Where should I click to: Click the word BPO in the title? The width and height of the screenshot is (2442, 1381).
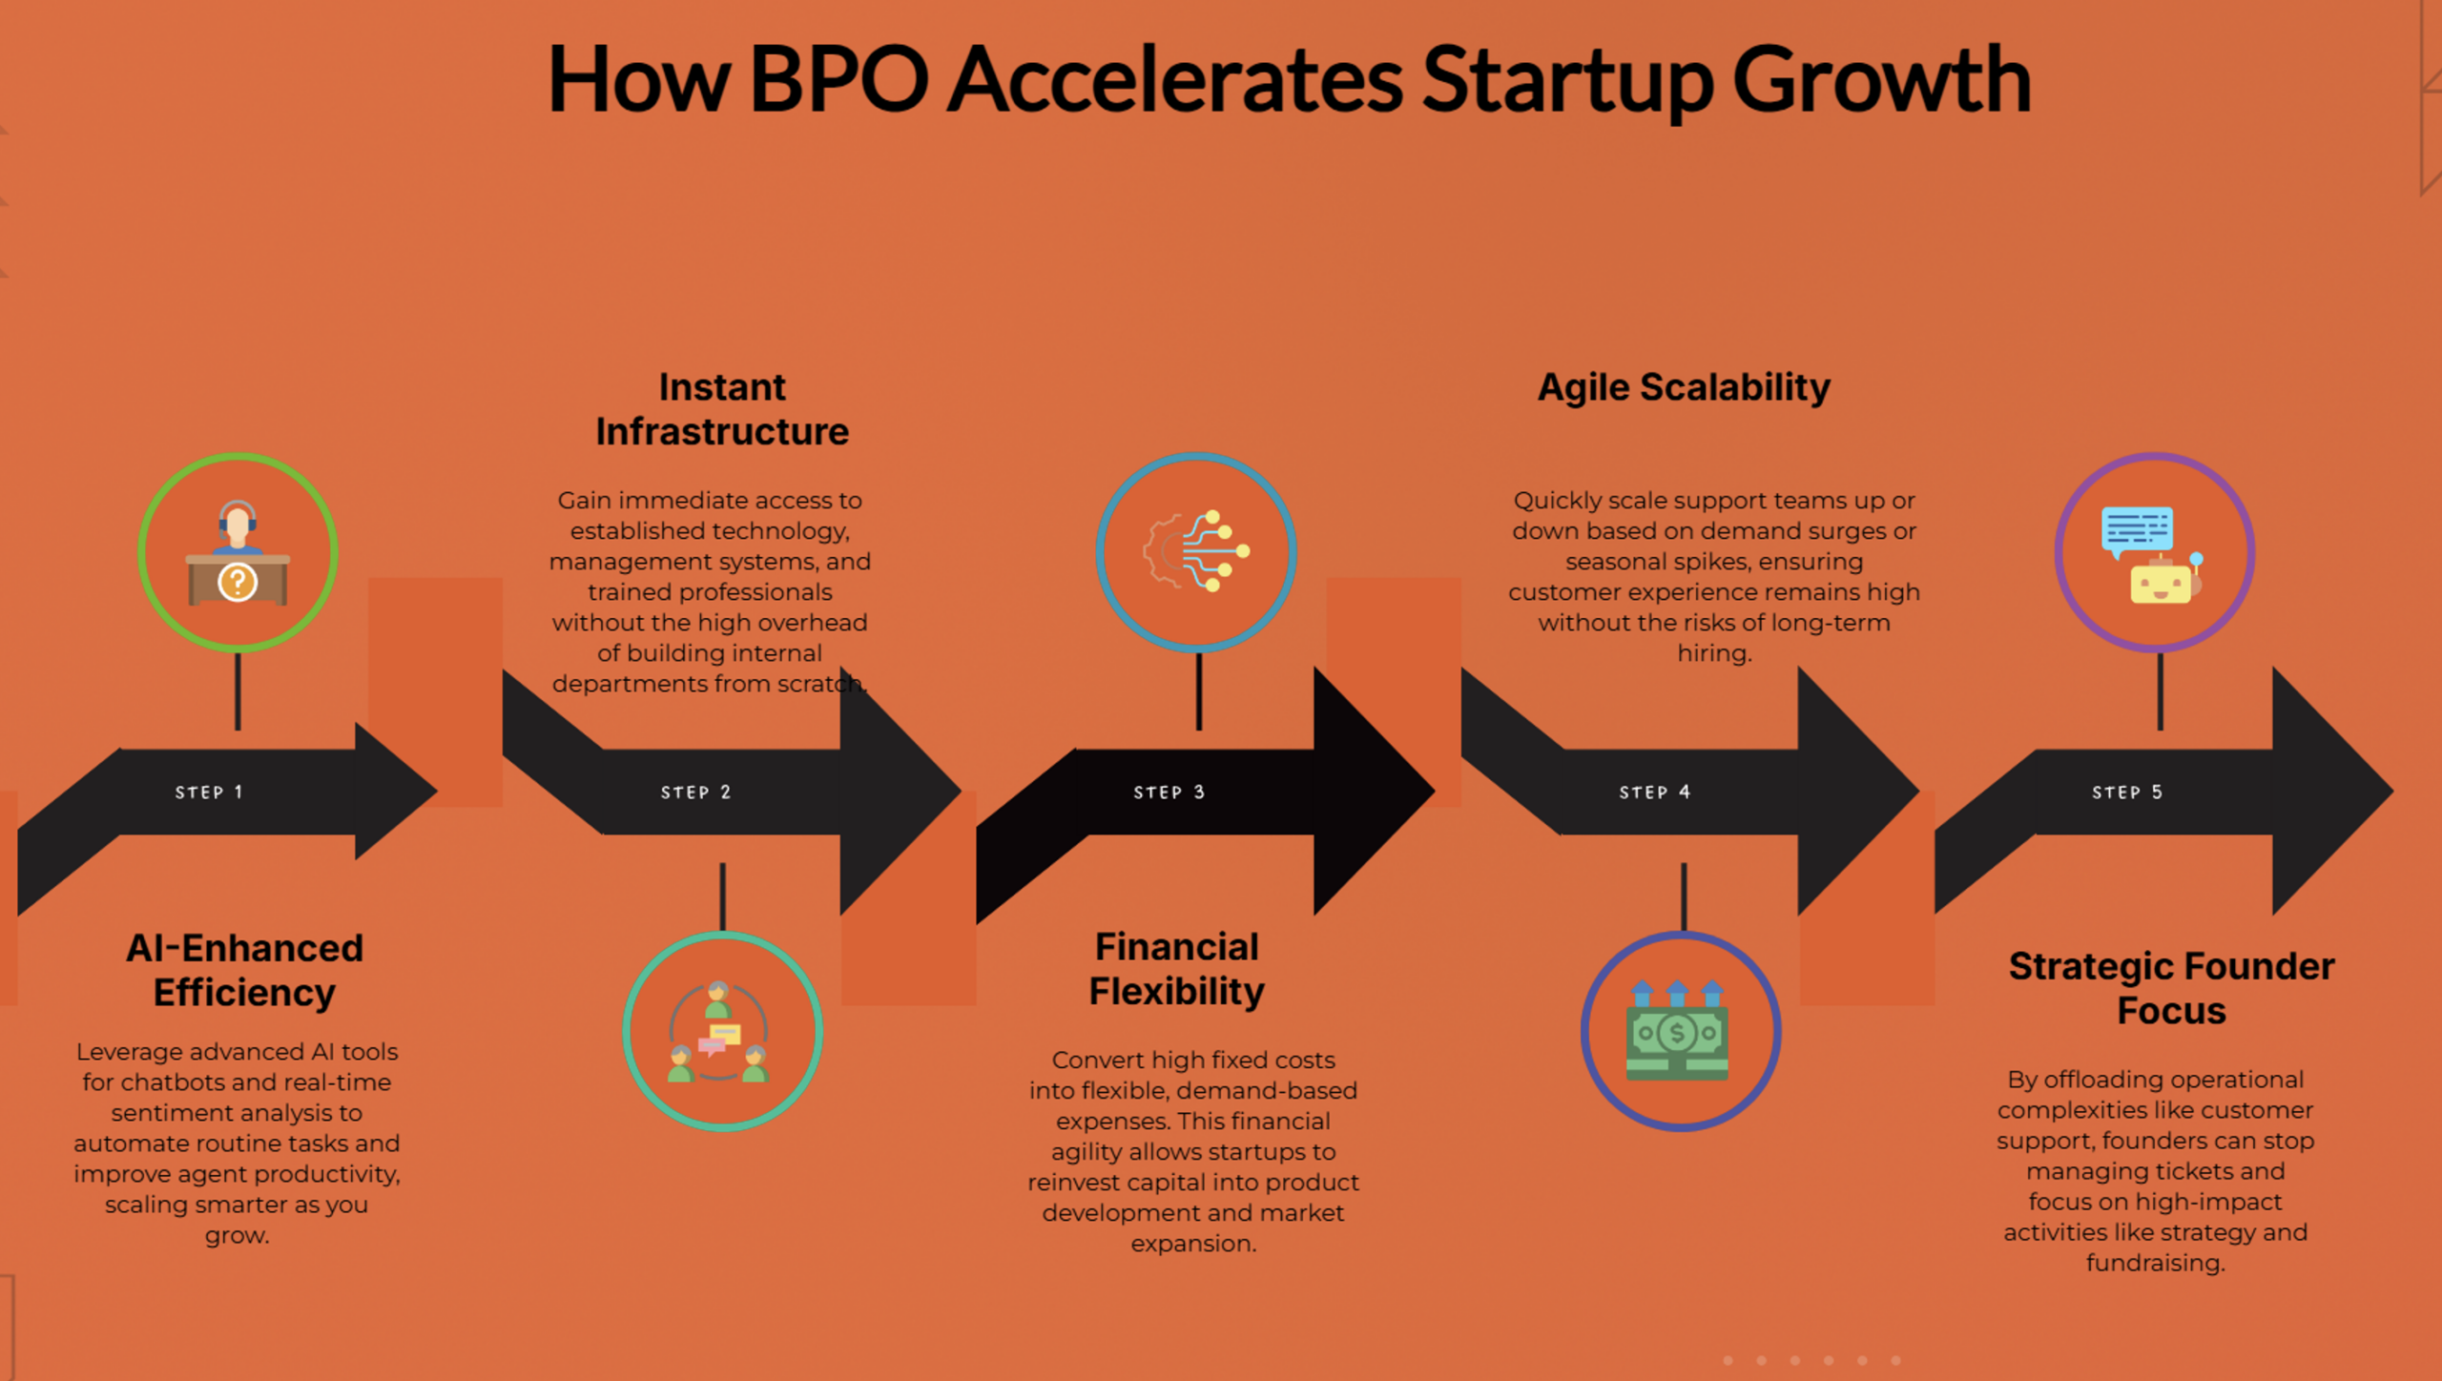(x=838, y=80)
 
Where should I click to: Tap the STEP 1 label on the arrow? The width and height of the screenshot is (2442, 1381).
(x=209, y=792)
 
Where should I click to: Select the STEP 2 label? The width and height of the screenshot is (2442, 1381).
(x=695, y=792)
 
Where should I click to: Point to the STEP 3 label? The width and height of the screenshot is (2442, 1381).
(x=1169, y=792)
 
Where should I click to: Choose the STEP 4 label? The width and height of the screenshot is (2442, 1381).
(x=1654, y=792)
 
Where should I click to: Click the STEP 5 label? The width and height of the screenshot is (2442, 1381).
(x=2126, y=792)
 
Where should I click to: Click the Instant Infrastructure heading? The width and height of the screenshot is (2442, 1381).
(x=722, y=409)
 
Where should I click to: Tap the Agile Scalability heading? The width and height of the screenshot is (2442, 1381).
(x=1684, y=387)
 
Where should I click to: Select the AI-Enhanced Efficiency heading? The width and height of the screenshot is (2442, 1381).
(x=244, y=970)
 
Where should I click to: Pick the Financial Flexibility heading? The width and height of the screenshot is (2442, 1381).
(x=1176, y=969)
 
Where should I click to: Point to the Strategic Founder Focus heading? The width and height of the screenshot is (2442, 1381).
(x=2171, y=988)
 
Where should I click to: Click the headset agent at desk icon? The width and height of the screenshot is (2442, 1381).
(x=238, y=553)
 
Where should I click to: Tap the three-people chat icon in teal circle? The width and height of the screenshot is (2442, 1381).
(x=722, y=1032)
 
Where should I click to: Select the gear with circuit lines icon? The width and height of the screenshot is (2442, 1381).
(x=1196, y=551)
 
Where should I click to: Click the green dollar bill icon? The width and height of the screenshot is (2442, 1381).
(x=1678, y=1034)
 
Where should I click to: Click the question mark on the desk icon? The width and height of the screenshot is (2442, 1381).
(x=238, y=582)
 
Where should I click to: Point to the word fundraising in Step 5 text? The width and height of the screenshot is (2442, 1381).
(x=2154, y=1263)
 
